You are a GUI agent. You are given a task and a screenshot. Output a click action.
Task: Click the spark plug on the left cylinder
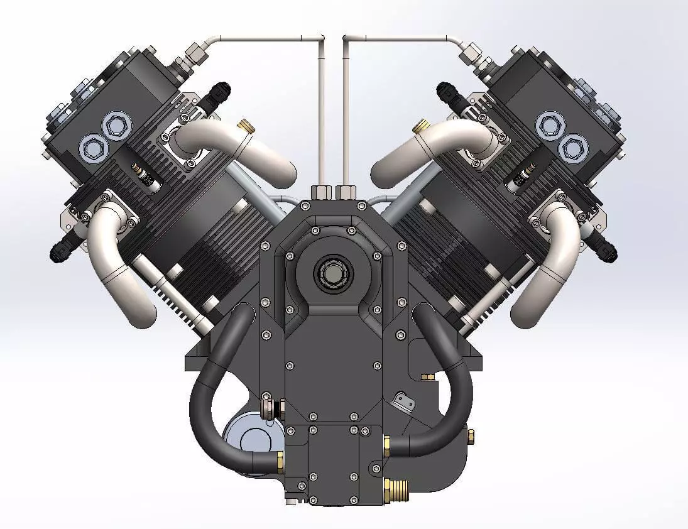(143, 174)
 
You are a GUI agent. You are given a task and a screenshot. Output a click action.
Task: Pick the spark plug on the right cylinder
(523, 174)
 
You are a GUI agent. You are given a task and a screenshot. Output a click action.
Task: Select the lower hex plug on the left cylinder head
(91, 148)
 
